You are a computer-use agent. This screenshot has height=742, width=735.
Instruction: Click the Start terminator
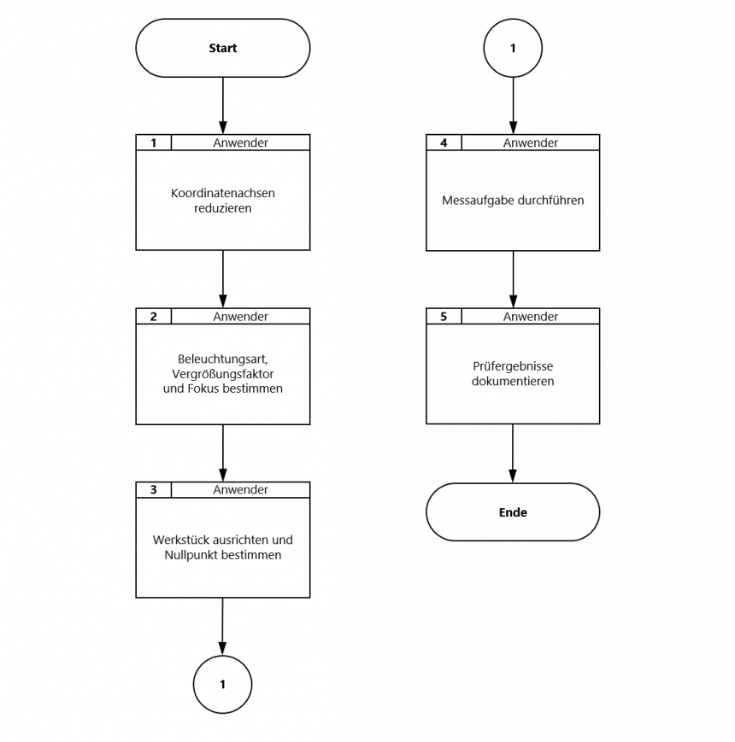tap(222, 48)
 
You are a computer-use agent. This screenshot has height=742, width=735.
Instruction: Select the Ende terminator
tap(513, 512)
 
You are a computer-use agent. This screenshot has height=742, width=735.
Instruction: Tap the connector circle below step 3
tap(222, 684)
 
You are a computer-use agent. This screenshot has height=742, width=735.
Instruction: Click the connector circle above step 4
tap(513, 48)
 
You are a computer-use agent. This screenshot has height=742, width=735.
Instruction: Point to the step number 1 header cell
tap(154, 143)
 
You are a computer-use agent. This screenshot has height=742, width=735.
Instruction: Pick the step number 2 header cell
tap(154, 316)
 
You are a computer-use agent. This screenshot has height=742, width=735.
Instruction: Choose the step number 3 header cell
tap(154, 490)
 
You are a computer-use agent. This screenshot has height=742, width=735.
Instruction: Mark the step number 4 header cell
tap(444, 143)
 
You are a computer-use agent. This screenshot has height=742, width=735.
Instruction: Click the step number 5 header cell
tap(444, 316)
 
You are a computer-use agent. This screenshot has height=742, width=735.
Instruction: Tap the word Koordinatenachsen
tap(222, 193)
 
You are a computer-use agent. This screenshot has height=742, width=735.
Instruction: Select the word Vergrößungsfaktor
tap(222, 374)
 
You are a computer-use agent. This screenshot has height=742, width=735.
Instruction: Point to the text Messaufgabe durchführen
tap(513, 200)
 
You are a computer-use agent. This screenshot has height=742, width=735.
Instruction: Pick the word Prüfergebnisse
tap(513, 366)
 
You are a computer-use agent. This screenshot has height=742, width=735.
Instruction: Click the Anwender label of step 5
tap(531, 316)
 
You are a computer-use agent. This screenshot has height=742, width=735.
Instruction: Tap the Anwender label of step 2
tap(240, 316)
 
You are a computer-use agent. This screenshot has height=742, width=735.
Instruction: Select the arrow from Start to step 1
tap(222, 106)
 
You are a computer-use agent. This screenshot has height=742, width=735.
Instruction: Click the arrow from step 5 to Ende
tap(513, 453)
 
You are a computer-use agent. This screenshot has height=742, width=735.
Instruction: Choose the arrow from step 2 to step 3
tap(222, 453)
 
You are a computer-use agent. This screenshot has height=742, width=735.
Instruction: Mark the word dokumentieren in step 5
tap(513, 381)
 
